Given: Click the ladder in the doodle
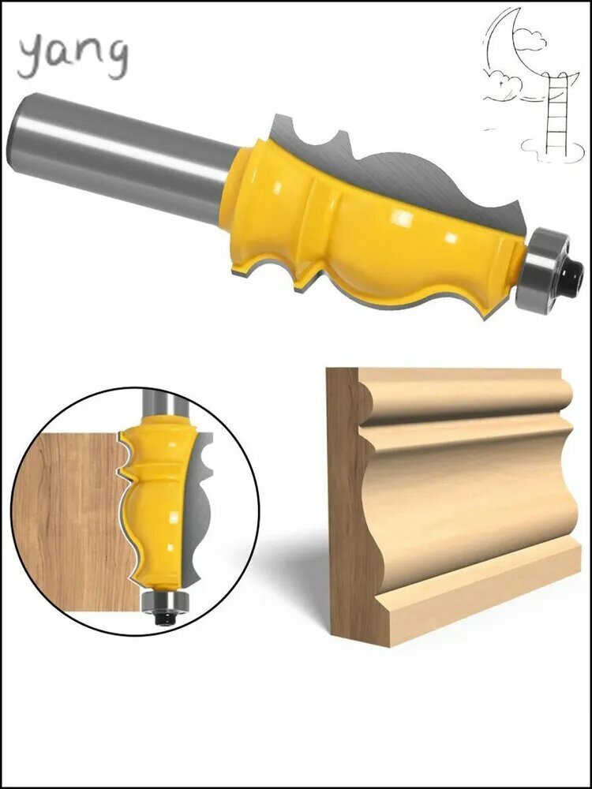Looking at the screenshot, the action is pos(556,113).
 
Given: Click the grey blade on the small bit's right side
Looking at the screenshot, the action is pos(199,508).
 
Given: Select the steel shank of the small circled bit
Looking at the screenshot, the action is pos(161,402).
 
